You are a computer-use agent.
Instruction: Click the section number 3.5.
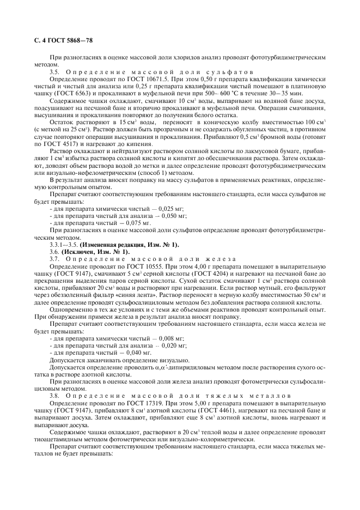(x=55, y=71)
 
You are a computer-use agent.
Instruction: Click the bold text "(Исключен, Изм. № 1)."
(x=96, y=251)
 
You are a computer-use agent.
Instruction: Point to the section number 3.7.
(x=55, y=258)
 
